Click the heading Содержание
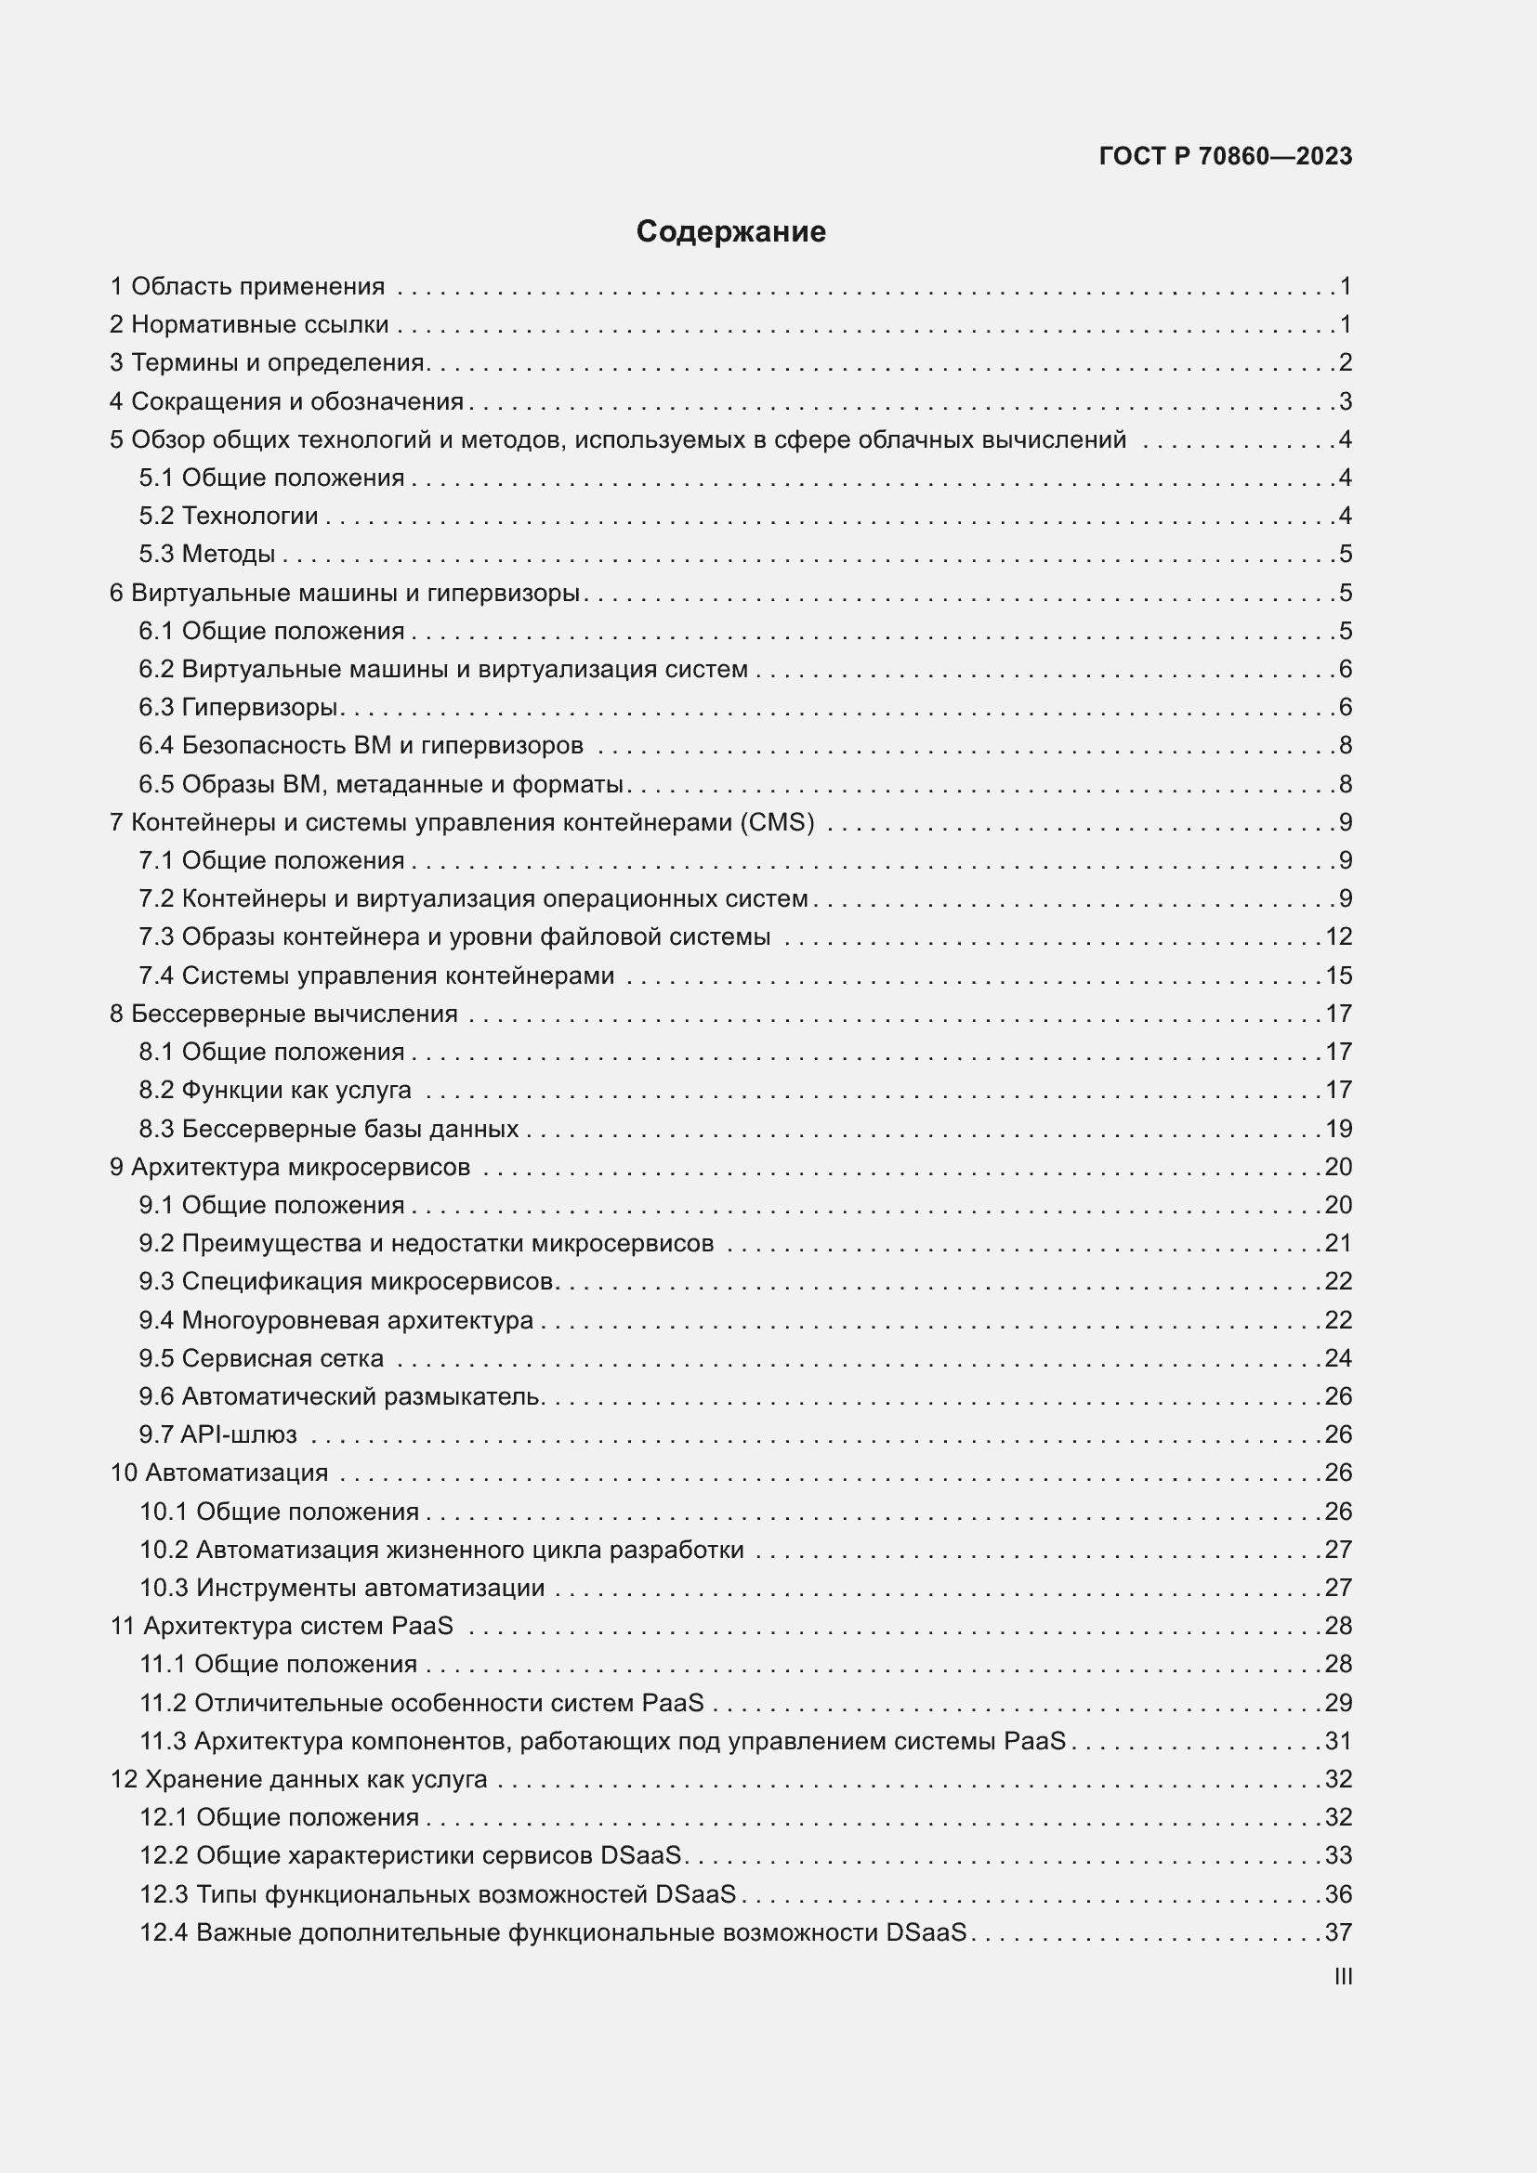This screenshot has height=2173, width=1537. (x=730, y=232)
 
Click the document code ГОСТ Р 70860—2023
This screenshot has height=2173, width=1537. (x=1226, y=156)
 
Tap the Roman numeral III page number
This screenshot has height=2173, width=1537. (x=1342, y=1976)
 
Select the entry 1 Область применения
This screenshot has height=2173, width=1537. (x=247, y=286)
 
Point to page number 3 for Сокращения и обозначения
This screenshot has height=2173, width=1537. (x=1345, y=401)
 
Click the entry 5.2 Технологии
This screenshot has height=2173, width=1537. (x=228, y=516)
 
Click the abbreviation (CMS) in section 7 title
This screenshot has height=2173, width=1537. (x=778, y=821)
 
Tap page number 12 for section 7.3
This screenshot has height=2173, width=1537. (x=1338, y=936)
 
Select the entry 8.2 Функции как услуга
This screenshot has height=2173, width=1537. (x=274, y=1090)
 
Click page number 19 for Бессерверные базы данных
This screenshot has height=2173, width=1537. (x=1338, y=1128)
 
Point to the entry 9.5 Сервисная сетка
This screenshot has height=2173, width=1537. (x=261, y=1358)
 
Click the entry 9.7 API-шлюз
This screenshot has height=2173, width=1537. (x=217, y=1433)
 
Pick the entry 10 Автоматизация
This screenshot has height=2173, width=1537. (x=219, y=1473)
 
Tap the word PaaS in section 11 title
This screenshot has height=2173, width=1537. (x=422, y=1626)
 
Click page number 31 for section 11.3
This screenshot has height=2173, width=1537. (x=1338, y=1740)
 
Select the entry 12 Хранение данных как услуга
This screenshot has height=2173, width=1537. (x=299, y=1779)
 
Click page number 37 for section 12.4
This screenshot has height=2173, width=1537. (x=1338, y=1932)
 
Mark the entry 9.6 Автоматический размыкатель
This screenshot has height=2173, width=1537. (x=341, y=1396)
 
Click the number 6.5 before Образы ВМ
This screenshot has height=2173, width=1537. (x=156, y=784)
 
